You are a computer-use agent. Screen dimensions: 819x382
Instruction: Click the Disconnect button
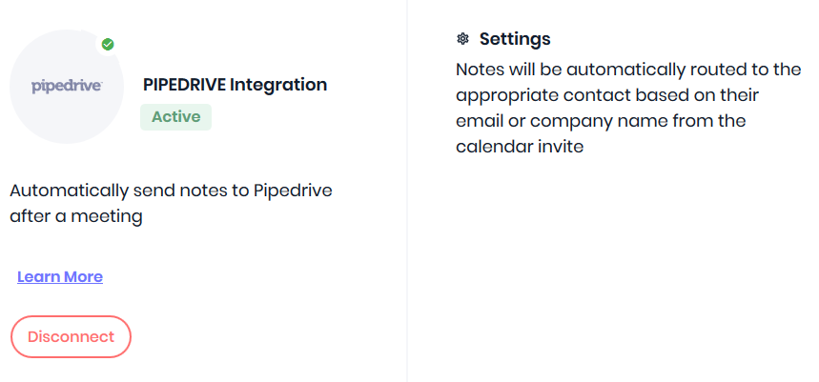pos(71,336)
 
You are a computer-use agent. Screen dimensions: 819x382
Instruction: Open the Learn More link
pos(60,276)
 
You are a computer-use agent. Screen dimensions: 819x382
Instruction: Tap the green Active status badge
pos(176,117)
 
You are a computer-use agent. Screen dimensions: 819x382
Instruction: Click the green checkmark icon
pos(108,45)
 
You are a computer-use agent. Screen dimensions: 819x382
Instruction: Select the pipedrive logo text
pos(67,87)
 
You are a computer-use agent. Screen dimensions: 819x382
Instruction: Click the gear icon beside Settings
pos(462,39)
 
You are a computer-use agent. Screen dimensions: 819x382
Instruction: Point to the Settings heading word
pos(515,39)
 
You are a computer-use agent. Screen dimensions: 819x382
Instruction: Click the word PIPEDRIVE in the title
pos(184,85)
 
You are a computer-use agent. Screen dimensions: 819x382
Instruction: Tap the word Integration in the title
pos(278,85)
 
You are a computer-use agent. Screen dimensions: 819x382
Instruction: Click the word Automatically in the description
pos(69,191)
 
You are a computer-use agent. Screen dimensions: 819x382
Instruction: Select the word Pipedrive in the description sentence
pos(293,191)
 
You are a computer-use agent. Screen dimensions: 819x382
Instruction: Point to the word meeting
pos(107,216)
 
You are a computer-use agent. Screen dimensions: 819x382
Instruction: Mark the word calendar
pos(494,147)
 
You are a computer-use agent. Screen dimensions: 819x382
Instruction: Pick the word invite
pos(561,147)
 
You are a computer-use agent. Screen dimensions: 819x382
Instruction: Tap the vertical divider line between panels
pos(407,191)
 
